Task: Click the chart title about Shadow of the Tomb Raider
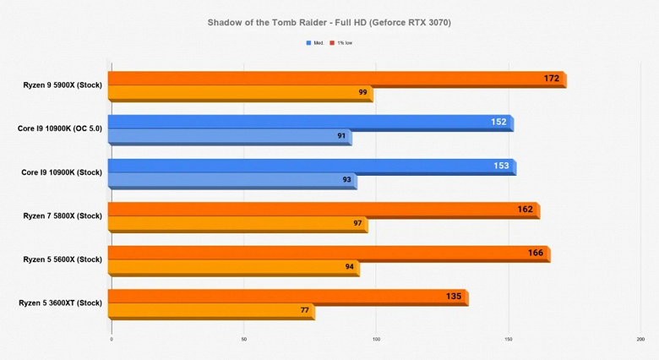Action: click(329, 23)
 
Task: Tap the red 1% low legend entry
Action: click(342, 42)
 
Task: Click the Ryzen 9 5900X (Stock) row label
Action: click(63, 85)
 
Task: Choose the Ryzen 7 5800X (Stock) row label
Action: click(63, 215)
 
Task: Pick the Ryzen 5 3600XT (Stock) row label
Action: click(60, 303)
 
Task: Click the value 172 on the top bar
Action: click(552, 79)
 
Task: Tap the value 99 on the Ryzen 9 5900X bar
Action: click(362, 92)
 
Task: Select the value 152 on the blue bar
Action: click(498, 122)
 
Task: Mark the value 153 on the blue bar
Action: click(501, 166)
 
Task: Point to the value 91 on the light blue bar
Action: click(341, 136)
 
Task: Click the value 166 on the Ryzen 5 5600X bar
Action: click(535, 253)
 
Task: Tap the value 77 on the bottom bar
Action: click(304, 310)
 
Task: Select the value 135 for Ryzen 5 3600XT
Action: click(453, 296)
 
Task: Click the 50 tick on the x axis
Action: click(243, 340)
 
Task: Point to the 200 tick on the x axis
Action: click(640, 340)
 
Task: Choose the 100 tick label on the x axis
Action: click(376, 340)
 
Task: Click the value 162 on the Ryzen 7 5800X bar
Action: click(525, 209)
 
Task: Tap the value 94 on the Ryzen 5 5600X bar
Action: click(349, 266)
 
